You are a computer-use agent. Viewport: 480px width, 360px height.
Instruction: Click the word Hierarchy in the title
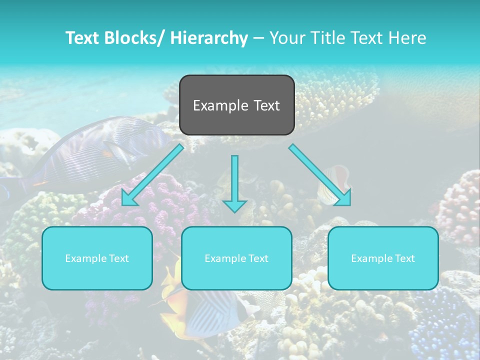(209, 38)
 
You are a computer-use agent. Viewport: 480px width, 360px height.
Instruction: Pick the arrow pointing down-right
(320, 174)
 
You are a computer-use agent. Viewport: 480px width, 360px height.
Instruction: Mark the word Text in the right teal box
(404, 258)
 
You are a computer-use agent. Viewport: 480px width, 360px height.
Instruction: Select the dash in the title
(258, 38)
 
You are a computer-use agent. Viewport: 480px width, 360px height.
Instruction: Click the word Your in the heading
(287, 38)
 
